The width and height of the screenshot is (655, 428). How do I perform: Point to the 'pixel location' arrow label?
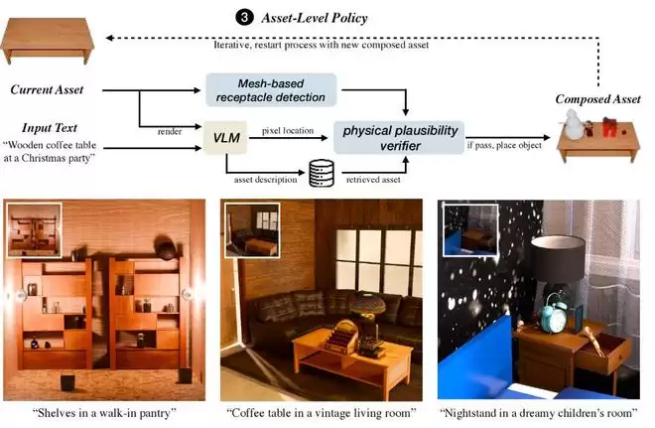[x=288, y=129]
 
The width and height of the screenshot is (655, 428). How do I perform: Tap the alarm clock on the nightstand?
[x=552, y=317]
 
